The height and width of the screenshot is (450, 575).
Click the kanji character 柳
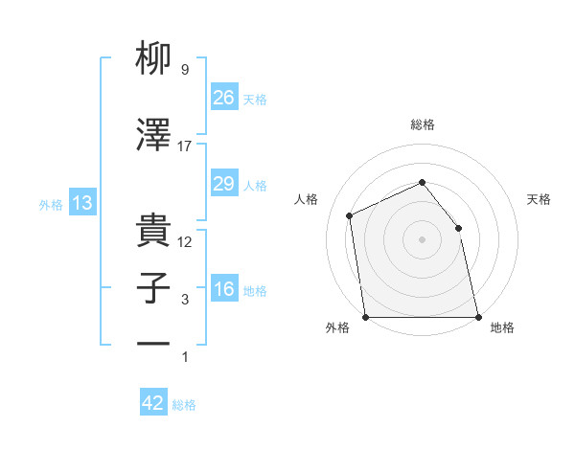coord(154,61)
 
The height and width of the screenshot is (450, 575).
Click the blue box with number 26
coord(223,97)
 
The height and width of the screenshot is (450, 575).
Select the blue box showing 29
coord(223,184)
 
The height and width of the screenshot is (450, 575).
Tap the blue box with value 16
coord(223,290)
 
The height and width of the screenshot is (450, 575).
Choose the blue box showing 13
coord(82,203)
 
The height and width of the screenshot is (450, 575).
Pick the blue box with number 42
coord(152,403)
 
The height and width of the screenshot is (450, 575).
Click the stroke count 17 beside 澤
coord(185,146)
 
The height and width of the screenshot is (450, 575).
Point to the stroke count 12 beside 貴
coord(185,241)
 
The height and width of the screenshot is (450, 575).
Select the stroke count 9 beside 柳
coord(184,71)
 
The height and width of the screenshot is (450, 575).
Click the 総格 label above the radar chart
coord(422,124)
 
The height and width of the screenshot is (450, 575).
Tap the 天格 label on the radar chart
coord(539,199)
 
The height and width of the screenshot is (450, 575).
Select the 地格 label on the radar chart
coord(502,327)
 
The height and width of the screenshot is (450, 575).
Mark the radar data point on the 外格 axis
coord(366,317)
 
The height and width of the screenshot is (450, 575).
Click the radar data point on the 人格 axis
coord(350,215)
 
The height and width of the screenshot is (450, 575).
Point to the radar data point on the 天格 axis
coord(458,228)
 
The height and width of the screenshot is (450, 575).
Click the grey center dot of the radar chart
coord(422,239)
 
